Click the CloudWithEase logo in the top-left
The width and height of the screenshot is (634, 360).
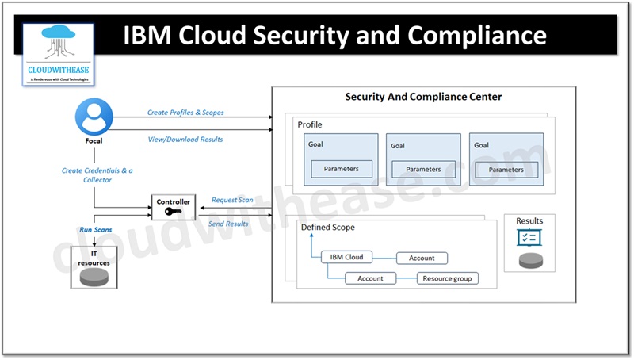click(59, 52)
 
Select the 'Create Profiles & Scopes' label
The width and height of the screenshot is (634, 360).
click(185, 113)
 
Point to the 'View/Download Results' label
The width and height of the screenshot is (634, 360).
click(185, 140)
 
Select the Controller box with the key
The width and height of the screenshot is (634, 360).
click(173, 208)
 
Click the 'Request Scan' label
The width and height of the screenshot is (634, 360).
click(232, 200)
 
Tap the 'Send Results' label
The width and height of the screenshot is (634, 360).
click(228, 224)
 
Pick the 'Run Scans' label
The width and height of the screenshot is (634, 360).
click(96, 229)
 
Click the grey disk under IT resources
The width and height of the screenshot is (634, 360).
click(94, 277)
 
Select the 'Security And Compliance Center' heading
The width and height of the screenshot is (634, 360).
click(423, 97)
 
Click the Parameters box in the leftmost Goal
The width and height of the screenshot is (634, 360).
click(341, 169)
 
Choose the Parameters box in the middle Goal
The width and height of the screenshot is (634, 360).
click(423, 169)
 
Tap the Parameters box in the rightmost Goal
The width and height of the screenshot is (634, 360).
click(506, 169)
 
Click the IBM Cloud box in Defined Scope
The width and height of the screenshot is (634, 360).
click(347, 258)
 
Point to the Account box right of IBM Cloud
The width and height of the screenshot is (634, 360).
click(422, 258)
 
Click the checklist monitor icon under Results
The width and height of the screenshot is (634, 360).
click(529, 237)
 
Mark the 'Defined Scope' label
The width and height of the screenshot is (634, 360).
click(328, 228)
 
